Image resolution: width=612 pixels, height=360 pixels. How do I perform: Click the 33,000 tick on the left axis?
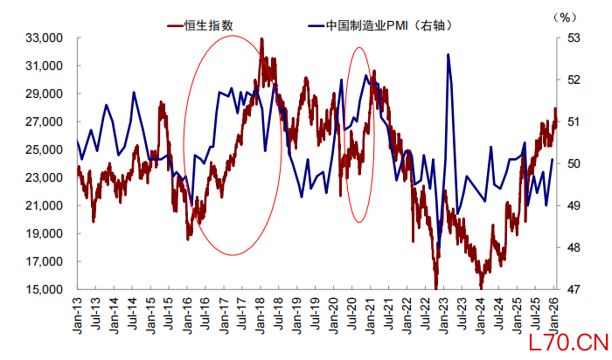pyautogui.click(x=47, y=38)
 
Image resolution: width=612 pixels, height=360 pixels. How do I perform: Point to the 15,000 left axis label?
pyautogui.click(x=47, y=289)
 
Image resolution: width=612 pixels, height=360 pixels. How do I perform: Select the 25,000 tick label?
pyautogui.click(x=47, y=149)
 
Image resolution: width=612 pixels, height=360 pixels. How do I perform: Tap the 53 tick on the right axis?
pyautogui.click(x=574, y=38)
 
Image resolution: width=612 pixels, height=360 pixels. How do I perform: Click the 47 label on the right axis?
pyautogui.click(x=574, y=289)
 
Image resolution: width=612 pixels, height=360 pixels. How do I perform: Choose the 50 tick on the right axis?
pyautogui.click(x=574, y=163)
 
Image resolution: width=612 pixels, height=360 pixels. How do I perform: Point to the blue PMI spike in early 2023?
pyautogui.click(x=449, y=55)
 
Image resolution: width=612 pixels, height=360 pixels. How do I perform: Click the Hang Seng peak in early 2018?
pyautogui.click(x=262, y=40)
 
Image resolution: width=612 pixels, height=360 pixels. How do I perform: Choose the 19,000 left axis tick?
pyautogui.click(x=47, y=233)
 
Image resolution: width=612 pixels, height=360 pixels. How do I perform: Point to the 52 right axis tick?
pyautogui.click(x=574, y=80)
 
